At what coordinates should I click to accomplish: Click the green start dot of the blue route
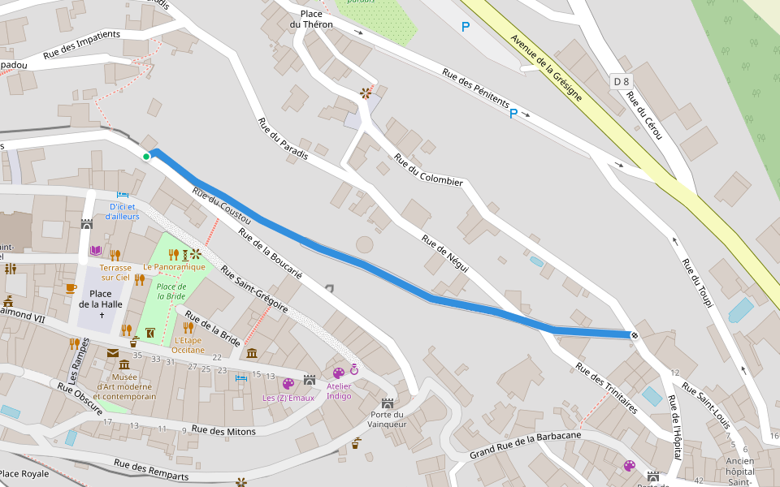pyautogui.click(x=146, y=157)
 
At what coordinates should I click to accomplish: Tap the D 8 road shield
pyautogui.click(x=622, y=81)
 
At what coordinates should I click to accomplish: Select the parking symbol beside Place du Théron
pyautogui.click(x=466, y=27)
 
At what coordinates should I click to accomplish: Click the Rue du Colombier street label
pyautogui.click(x=428, y=170)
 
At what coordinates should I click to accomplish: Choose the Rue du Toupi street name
pyautogui.click(x=696, y=282)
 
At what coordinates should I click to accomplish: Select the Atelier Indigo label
pyautogui.click(x=339, y=390)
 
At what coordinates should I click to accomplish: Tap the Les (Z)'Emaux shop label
pyautogui.click(x=288, y=398)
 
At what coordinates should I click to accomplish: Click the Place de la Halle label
pyautogui.click(x=101, y=299)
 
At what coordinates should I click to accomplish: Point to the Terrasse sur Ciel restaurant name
pyautogui.click(x=115, y=272)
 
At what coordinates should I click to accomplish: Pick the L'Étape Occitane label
pyautogui.click(x=188, y=344)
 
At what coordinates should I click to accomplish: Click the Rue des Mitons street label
pyautogui.click(x=223, y=431)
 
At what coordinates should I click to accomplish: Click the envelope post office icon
pyautogui.click(x=112, y=353)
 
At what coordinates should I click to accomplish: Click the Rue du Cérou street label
pyautogui.click(x=645, y=114)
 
